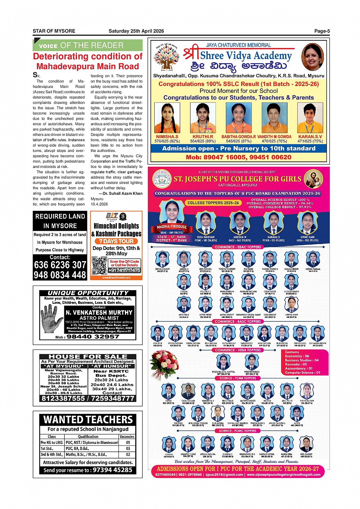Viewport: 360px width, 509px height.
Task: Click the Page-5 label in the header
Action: point(322,31)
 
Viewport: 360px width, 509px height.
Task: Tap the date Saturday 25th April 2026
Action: point(136,31)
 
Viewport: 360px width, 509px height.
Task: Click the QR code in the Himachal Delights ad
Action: point(99,266)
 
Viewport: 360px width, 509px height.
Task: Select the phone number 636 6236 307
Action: point(60,265)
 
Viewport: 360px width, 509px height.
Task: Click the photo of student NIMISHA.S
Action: point(167,118)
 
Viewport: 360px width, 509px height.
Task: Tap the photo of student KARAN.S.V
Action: point(310,118)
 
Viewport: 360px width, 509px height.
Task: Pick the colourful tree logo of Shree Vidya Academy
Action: point(166,57)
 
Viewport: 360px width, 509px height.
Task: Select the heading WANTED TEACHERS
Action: point(88,420)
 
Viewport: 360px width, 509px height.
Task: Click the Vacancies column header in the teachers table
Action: point(127,437)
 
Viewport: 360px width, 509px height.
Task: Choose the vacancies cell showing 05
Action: point(128,443)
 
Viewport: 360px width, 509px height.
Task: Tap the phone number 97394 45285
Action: point(112,470)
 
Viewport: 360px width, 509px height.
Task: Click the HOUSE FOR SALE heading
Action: point(88,357)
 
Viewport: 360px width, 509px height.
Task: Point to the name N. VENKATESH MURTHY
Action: point(99,313)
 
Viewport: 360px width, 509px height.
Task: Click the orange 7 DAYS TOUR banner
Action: point(116,241)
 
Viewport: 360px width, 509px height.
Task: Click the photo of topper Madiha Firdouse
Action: point(172,212)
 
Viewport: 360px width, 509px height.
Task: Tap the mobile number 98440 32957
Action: point(93,337)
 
